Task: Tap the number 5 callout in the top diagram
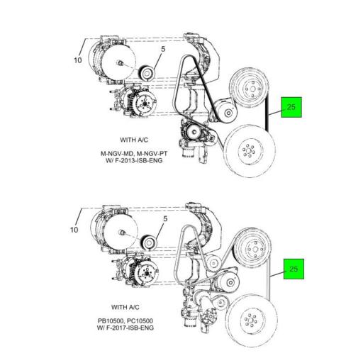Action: coord(162,50)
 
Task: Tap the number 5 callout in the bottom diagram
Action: coord(162,220)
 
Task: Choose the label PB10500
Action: coord(113,320)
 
